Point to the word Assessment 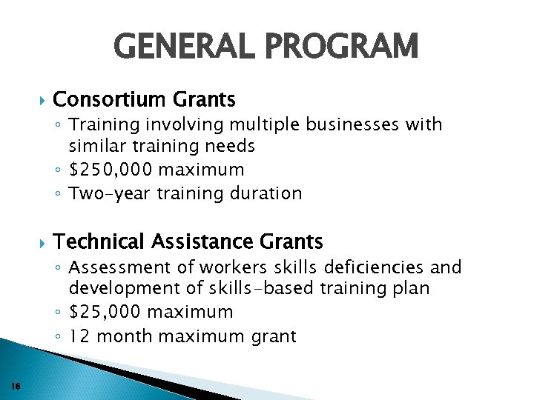(x=113, y=267)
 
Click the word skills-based (x=255, y=288)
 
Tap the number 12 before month (x=79, y=336)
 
